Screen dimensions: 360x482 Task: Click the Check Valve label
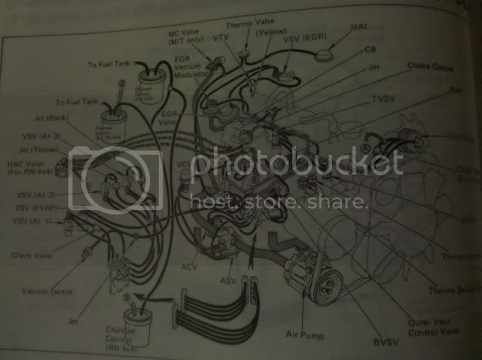coord(32,256)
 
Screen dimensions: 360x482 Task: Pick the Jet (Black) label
coord(48,117)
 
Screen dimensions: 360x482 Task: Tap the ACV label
coord(190,266)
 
